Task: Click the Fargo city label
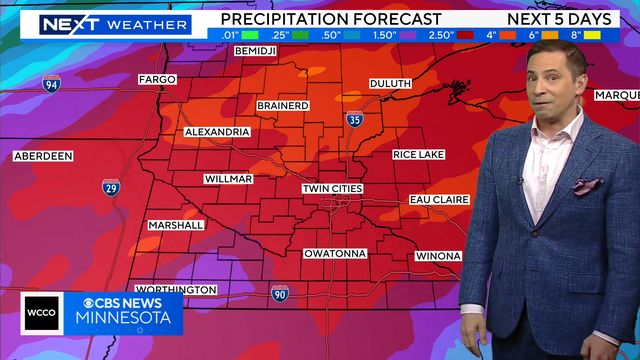point(157,79)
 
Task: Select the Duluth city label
point(390,83)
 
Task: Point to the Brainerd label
point(281,105)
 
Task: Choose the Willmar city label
point(228,179)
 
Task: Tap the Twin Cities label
point(333,189)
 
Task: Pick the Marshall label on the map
point(176,225)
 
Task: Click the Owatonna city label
point(335,253)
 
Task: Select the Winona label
point(437,256)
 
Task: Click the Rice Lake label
point(419,155)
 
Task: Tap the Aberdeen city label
point(43,157)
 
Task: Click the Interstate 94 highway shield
point(51,84)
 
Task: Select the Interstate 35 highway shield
point(355,120)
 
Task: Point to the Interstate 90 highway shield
point(280,293)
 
